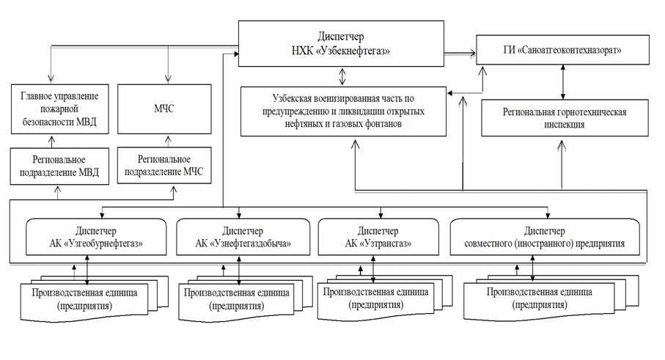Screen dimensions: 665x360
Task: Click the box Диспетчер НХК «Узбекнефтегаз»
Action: coord(341,44)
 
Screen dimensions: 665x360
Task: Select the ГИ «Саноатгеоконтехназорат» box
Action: coord(562,50)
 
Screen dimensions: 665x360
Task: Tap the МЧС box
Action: coord(164,109)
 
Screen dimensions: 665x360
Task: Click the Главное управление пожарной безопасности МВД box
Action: coord(60,109)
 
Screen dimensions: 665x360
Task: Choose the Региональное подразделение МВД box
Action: coord(59,166)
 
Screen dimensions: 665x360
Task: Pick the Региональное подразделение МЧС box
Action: coord(164,166)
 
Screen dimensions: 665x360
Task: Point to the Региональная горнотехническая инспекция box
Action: coord(565,118)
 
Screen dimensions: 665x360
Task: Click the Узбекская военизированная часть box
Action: coord(343,111)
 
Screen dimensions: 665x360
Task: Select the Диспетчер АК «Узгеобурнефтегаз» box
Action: coord(96,237)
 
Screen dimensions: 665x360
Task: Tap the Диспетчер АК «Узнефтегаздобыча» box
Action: coord(243,237)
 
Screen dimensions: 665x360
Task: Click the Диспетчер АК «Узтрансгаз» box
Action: coord(378,237)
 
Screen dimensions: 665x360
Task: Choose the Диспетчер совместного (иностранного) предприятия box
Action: coord(545,237)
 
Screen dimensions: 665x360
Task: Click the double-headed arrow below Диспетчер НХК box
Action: coord(342,77)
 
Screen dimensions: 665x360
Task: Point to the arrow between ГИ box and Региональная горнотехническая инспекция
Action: coord(563,82)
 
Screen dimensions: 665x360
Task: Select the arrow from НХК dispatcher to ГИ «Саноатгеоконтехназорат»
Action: coord(460,54)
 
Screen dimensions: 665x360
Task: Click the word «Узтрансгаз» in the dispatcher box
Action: coord(385,243)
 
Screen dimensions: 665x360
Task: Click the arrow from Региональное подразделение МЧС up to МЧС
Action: coord(168,142)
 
